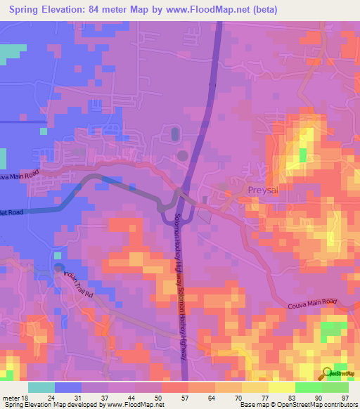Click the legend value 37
[x=108, y=397]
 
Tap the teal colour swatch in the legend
[x=41, y=387]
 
